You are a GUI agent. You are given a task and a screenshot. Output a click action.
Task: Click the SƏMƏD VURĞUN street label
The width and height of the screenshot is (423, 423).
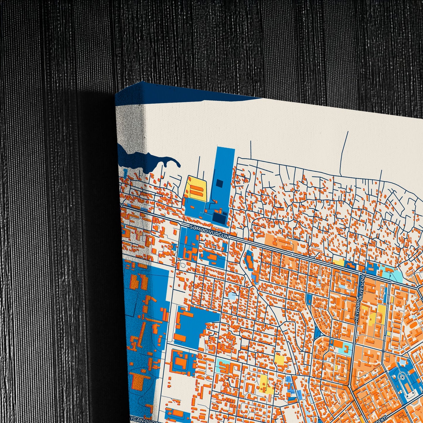click(x=209, y=232)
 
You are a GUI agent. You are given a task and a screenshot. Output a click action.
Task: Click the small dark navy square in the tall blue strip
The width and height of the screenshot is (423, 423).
click(x=219, y=184)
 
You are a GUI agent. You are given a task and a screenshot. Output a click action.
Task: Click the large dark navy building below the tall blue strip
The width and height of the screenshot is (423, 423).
click(x=220, y=218)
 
